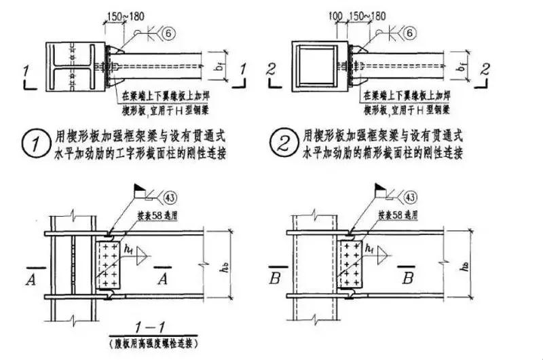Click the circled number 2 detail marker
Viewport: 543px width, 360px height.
click(x=280, y=145)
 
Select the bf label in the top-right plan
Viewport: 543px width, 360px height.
click(x=462, y=69)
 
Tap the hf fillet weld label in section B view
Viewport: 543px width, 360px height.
click(x=371, y=249)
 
